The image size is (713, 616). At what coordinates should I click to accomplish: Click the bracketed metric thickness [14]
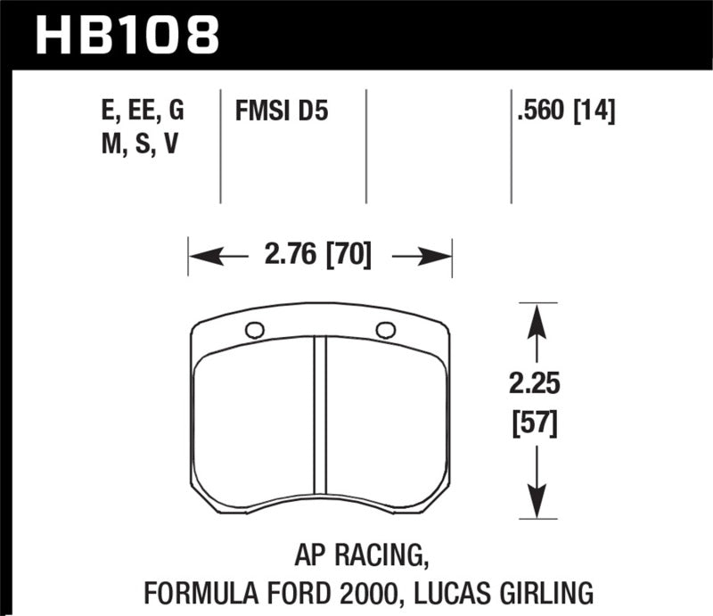coord(597,113)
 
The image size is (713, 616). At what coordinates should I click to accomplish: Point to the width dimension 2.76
coord(291,257)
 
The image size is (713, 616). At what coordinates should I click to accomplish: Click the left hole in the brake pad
coord(254,330)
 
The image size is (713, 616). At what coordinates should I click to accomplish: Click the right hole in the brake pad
coord(386,330)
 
